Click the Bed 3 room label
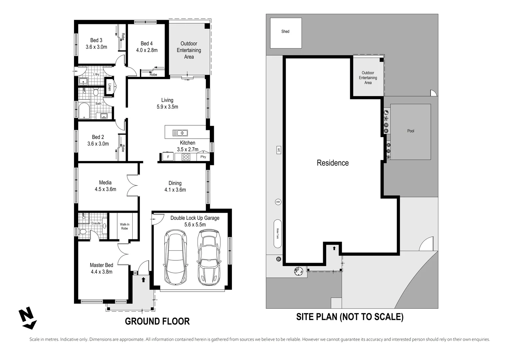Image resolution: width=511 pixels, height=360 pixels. [96, 40]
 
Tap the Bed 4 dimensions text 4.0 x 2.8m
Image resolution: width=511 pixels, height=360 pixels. [147, 50]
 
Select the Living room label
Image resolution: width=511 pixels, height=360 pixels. [167, 100]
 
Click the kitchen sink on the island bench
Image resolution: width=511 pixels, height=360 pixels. [180, 133]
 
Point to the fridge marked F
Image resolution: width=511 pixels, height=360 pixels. [168, 157]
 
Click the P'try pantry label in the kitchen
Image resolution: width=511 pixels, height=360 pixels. [203, 157]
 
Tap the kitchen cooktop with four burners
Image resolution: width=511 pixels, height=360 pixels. [186, 157]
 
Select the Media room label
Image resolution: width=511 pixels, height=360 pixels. [105, 182]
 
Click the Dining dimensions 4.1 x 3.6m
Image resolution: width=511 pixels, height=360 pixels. [175, 190]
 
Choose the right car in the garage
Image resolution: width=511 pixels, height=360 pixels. [209, 257]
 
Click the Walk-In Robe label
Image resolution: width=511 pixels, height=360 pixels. [125, 226]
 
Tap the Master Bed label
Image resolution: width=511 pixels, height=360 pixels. [102, 265]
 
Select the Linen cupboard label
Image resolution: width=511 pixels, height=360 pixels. [109, 87]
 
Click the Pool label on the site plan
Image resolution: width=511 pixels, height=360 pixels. [410, 131]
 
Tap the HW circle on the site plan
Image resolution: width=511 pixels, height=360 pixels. [278, 202]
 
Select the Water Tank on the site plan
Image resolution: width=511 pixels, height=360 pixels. [277, 234]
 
